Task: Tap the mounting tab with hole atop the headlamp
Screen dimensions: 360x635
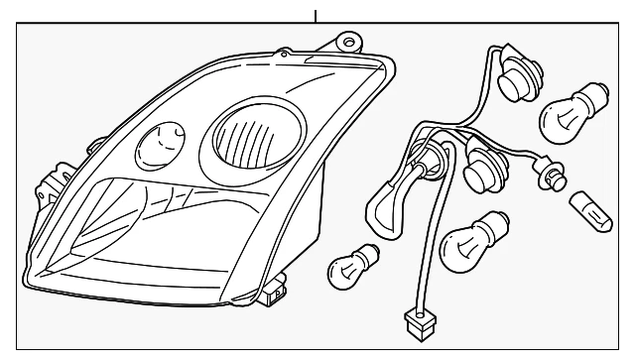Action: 346,41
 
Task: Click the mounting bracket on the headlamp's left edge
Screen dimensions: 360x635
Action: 46,190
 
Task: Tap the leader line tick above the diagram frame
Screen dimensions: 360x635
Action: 317,15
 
